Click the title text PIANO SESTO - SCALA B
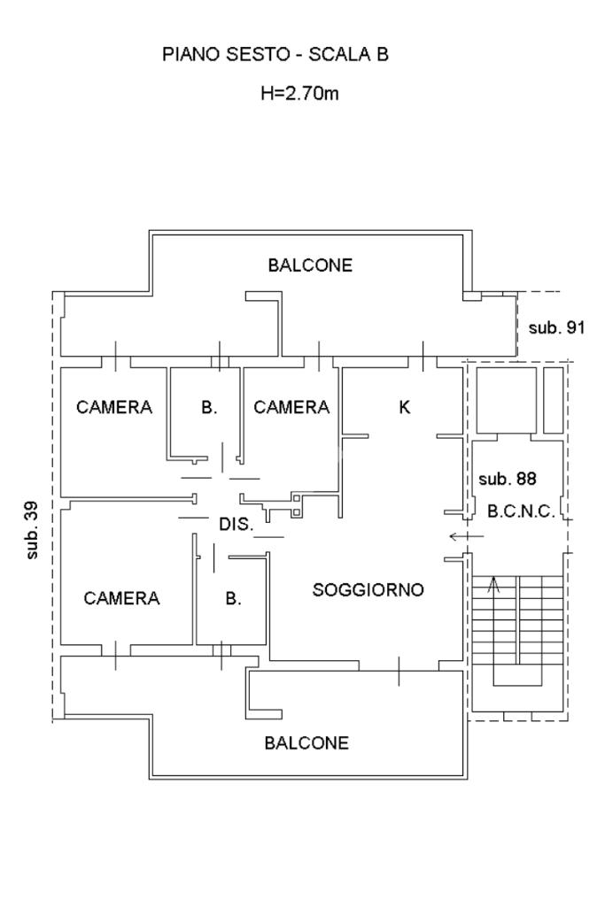click(x=275, y=54)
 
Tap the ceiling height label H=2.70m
click(x=299, y=93)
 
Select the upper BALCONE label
click(x=310, y=265)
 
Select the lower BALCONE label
click(x=306, y=742)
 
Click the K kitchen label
click(x=404, y=407)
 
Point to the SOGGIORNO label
click(x=368, y=589)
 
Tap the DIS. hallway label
click(x=237, y=524)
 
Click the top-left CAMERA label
click(x=114, y=407)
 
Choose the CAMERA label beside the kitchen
click(x=291, y=407)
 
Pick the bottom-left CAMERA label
click(x=121, y=598)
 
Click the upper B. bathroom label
click(x=209, y=407)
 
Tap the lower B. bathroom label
click(x=233, y=598)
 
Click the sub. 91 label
click(x=556, y=328)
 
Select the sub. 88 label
click(x=508, y=479)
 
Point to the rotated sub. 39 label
click(x=32, y=530)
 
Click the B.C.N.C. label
click(x=522, y=511)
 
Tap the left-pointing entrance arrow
click(x=467, y=537)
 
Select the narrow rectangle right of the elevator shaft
click(x=554, y=400)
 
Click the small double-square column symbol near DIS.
click(x=297, y=504)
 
